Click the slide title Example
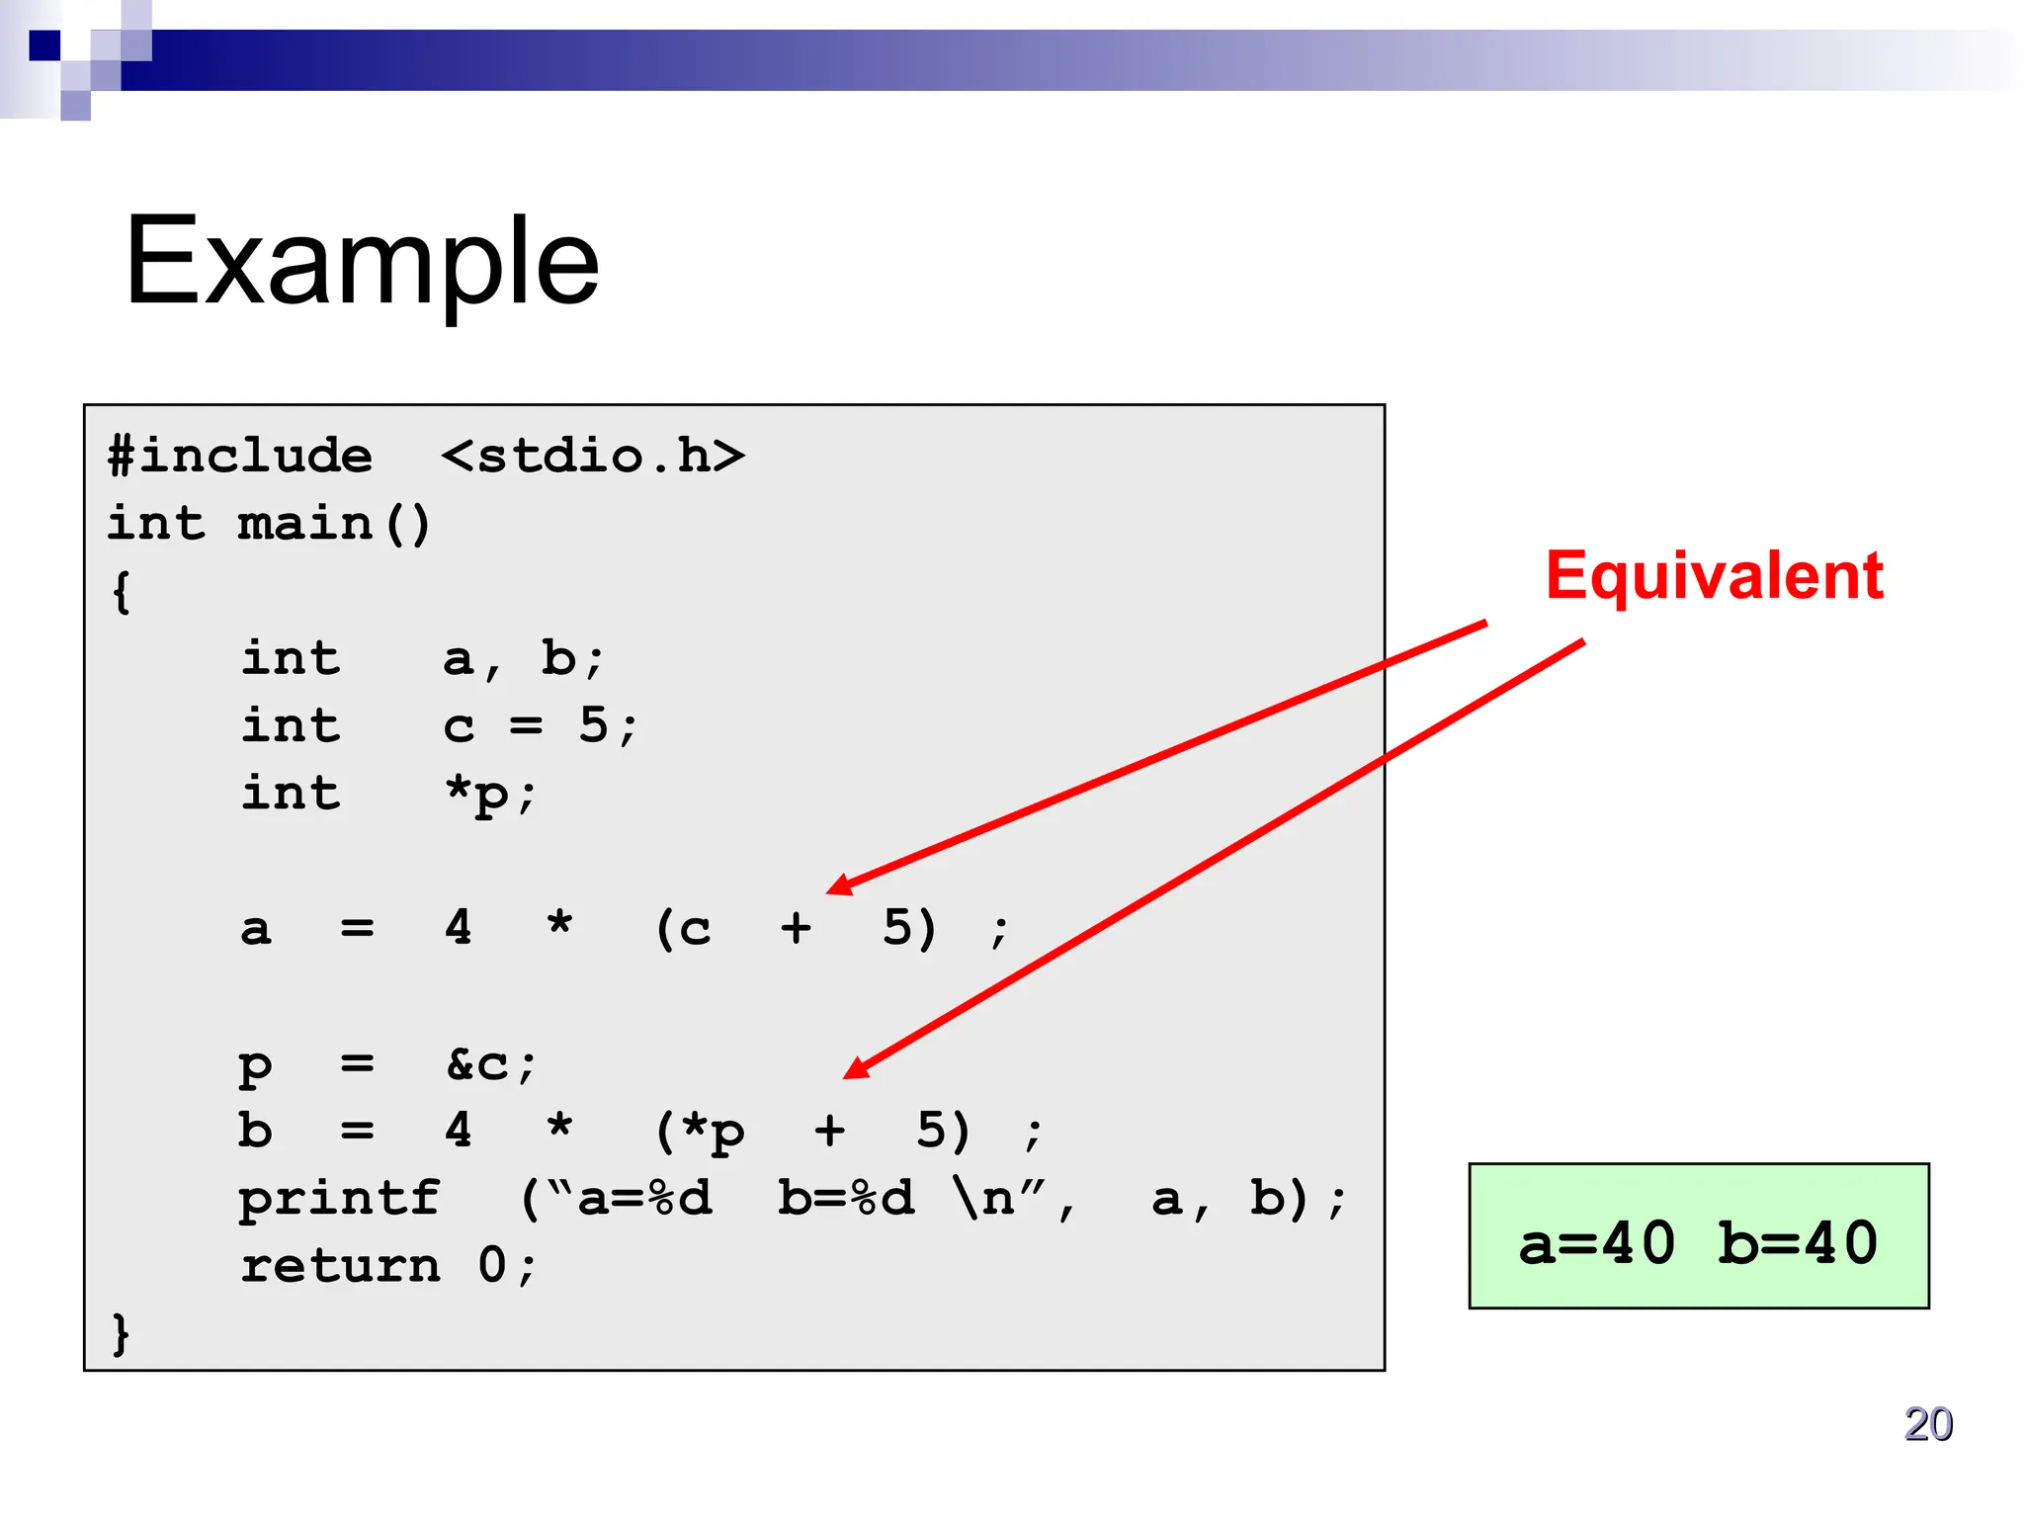[362, 261]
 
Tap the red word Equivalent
[1714, 575]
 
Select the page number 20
[1927, 1424]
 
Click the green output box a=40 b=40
[1698, 1236]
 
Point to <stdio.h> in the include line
[593, 457]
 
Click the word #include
[240, 457]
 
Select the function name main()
[334, 524]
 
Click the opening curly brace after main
[121, 592]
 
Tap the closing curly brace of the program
[121, 1333]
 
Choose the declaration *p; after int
[490, 795]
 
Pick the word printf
[339, 1199]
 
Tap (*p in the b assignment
[700, 1132]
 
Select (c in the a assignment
[683, 929]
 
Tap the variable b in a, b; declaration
[559, 659]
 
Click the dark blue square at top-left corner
[44, 45]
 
